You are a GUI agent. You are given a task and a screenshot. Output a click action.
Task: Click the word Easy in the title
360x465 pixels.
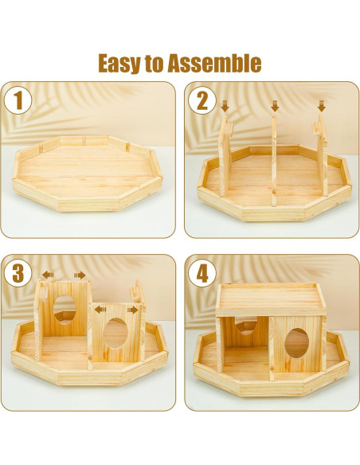[x=120, y=63]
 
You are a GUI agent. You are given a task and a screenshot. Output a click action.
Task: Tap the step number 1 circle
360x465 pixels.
[x=18, y=101]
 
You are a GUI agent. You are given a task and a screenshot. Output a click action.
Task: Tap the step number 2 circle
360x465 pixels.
[x=202, y=101]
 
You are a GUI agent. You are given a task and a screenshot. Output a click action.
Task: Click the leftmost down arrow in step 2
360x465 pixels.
[x=225, y=106]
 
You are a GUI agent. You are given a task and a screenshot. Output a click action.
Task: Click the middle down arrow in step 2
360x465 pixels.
[x=275, y=106]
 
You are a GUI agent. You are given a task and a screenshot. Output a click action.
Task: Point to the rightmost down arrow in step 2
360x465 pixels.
[x=322, y=106]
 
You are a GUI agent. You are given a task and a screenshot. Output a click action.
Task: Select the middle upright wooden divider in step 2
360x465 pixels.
[x=274, y=159]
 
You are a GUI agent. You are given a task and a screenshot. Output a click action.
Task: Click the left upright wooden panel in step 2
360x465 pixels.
[x=225, y=159]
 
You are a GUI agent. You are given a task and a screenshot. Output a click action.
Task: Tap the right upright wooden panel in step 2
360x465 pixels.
[x=323, y=155]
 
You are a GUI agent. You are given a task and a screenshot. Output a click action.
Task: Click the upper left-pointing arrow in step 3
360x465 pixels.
[x=48, y=275]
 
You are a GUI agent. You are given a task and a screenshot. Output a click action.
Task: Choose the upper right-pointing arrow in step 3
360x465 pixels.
[x=80, y=275]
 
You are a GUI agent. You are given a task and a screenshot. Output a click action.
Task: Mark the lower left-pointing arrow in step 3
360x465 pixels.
[x=100, y=309]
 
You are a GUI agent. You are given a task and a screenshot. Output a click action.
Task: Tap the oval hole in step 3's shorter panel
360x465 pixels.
[x=116, y=335]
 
